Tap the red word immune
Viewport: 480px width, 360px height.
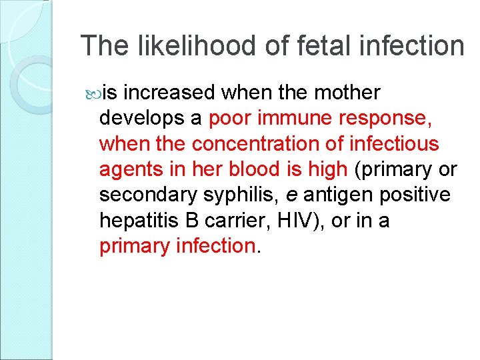(293, 118)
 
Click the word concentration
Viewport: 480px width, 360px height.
(267, 143)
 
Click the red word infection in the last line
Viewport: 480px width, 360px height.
(214, 246)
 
